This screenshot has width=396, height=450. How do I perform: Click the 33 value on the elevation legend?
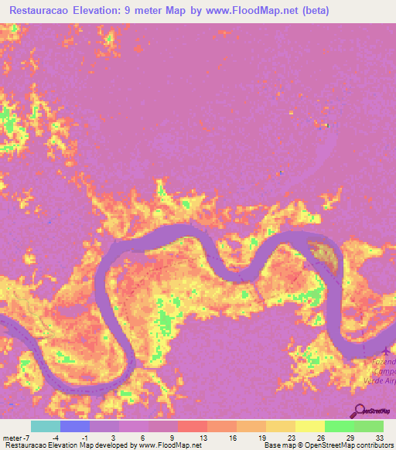tap(379, 437)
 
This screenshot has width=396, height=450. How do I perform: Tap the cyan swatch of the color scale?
tap(45, 426)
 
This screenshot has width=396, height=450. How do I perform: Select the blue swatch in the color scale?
tap(74, 426)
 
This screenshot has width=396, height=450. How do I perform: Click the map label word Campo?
tap(381, 370)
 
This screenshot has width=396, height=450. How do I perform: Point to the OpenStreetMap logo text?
tap(379, 411)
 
